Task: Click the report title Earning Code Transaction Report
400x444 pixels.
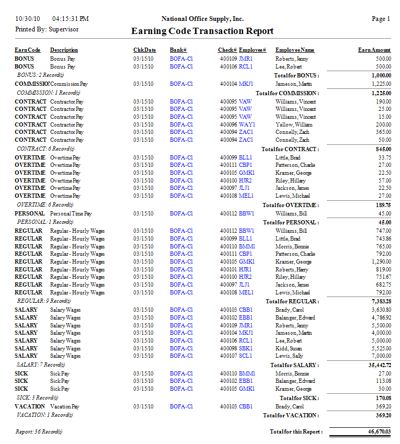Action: click(202, 31)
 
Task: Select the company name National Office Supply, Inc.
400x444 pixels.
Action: click(202, 19)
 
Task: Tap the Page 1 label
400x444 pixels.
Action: click(381, 19)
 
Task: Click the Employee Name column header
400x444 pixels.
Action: click(295, 50)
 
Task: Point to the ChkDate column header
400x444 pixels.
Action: click(144, 50)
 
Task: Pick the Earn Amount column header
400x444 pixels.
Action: click(374, 50)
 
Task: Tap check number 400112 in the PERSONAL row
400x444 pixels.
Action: click(228, 213)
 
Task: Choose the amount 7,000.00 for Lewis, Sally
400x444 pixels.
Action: click(381, 356)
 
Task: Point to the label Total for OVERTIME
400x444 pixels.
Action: click(291, 205)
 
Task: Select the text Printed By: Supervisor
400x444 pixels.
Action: click(47, 29)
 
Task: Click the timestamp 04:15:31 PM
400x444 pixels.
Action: click(71, 19)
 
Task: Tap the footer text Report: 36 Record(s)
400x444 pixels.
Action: click(39, 431)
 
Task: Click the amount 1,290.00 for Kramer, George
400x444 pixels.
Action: click(381, 261)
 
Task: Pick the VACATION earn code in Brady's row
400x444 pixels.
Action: click(30, 406)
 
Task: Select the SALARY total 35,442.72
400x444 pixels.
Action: click(379, 365)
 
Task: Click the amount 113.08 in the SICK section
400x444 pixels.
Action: click(383, 381)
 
